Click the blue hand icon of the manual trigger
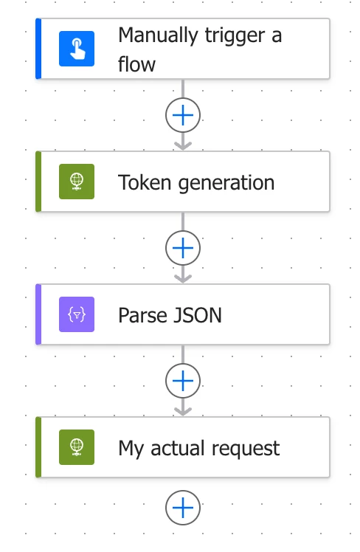click(x=77, y=49)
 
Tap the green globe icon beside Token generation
click(x=77, y=182)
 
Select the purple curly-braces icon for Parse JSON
click(x=77, y=314)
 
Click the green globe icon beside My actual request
click(x=77, y=447)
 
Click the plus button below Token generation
click(x=183, y=248)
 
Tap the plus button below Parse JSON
click(x=183, y=381)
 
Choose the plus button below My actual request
click(x=183, y=508)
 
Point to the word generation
click(x=226, y=184)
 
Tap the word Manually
click(x=158, y=36)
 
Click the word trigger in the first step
click(x=235, y=36)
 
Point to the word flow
click(x=136, y=64)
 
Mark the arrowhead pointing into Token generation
click(x=183, y=145)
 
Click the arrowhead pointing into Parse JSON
click(x=183, y=278)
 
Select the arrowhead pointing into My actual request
click(x=183, y=411)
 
